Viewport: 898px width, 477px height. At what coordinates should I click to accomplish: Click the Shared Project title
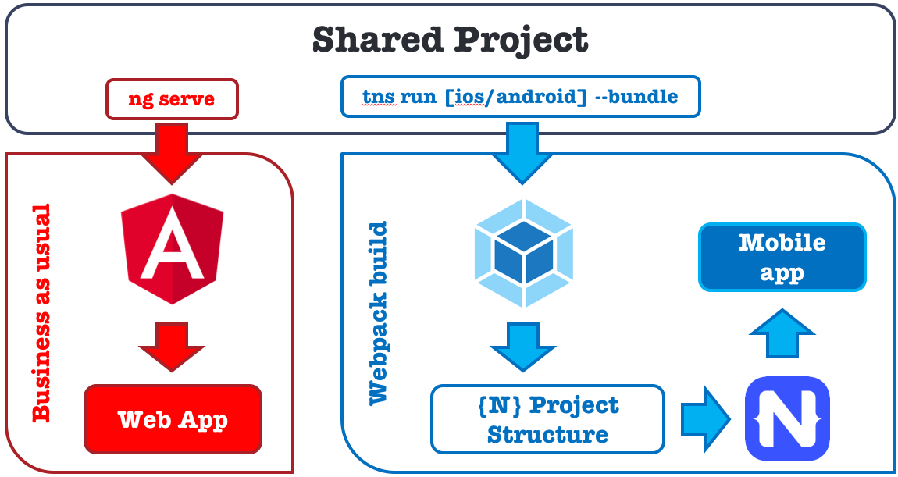pyautogui.click(x=450, y=39)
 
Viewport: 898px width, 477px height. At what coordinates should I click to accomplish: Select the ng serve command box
pyautogui.click(x=172, y=98)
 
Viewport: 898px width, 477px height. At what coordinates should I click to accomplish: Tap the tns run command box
pyautogui.click(x=520, y=98)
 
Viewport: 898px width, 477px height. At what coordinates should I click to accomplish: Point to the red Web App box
pyautogui.click(x=173, y=419)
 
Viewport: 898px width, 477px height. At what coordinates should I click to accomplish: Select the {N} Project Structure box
pyautogui.click(x=547, y=419)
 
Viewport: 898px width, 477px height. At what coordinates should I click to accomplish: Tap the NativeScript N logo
pyautogui.click(x=787, y=418)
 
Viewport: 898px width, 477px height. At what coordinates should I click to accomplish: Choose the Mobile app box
pyautogui.click(x=782, y=258)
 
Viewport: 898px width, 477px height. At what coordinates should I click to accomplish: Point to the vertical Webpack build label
pyautogui.click(x=378, y=313)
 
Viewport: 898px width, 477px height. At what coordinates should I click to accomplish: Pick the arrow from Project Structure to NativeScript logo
pyautogui.click(x=704, y=419)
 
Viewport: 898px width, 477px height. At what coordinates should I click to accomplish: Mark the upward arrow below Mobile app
pyautogui.click(x=782, y=333)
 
